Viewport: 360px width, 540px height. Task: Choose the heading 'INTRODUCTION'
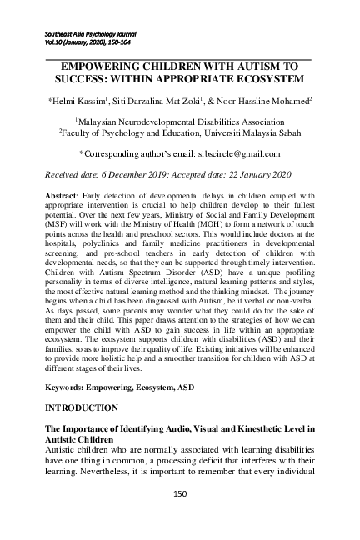(x=86, y=407)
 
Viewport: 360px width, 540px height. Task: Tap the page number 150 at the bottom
(x=179, y=493)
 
